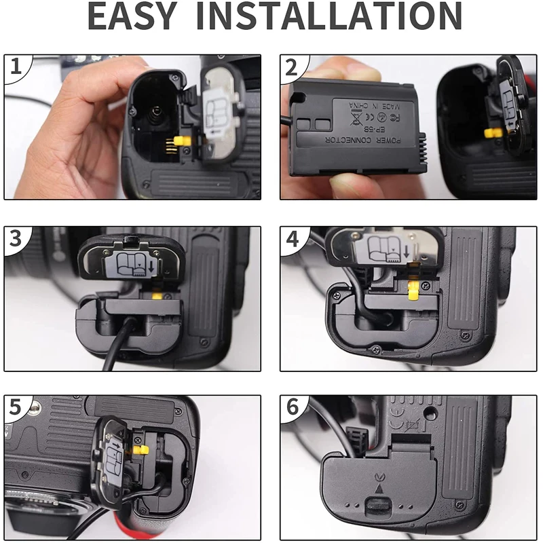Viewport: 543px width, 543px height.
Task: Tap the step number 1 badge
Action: pyautogui.click(x=17, y=68)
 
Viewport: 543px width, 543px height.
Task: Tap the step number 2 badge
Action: pyautogui.click(x=293, y=68)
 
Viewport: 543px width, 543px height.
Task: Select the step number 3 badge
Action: pyautogui.click(x=17, y=239)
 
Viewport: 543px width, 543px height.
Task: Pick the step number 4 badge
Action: pyautogui.click(x=293, y=239)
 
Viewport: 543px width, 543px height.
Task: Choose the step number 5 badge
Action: pyautogui.click(x=17, y=407)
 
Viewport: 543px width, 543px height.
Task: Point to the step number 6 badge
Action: pyautogui.click(x=293, y=407)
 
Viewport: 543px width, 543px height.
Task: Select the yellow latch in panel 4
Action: pyautogui.click(x=411, y=291)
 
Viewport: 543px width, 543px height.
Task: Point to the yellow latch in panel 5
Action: pyautogui.click(x=141, y=449)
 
